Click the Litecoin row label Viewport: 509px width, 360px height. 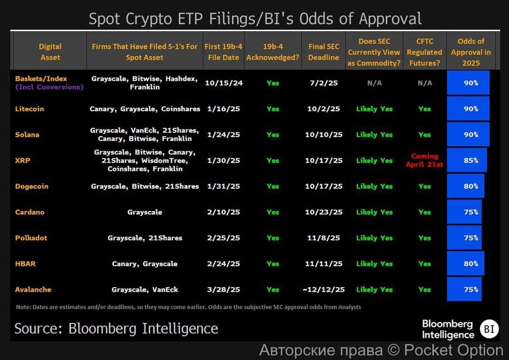tap(30, 109)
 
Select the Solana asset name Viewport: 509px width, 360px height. tap(27, 135)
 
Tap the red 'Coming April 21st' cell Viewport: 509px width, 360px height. tap(424, 160)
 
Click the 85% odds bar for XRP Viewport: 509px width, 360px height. tap(467, 160)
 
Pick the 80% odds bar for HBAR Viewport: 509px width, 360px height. tap(465, 263)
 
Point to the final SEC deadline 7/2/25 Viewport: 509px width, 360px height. tap(324, 83)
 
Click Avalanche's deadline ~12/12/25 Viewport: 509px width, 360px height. tap(324, 289)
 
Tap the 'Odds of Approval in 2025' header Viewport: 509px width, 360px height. tap(471, 52)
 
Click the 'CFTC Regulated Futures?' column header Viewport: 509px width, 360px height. tap(424, 52)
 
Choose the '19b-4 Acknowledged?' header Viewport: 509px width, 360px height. tap(273, 52)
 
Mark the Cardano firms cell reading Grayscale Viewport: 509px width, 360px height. tap(145, 212)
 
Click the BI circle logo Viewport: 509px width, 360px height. tap(489, 329)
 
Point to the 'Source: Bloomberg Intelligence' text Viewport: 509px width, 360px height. tap(116, 328)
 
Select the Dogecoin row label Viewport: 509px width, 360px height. tap(32, 186)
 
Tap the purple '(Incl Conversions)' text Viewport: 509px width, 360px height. tap(49, 87)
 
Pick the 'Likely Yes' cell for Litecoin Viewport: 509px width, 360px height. tap(374, 109)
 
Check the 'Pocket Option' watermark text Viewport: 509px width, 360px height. tap(454, 350)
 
